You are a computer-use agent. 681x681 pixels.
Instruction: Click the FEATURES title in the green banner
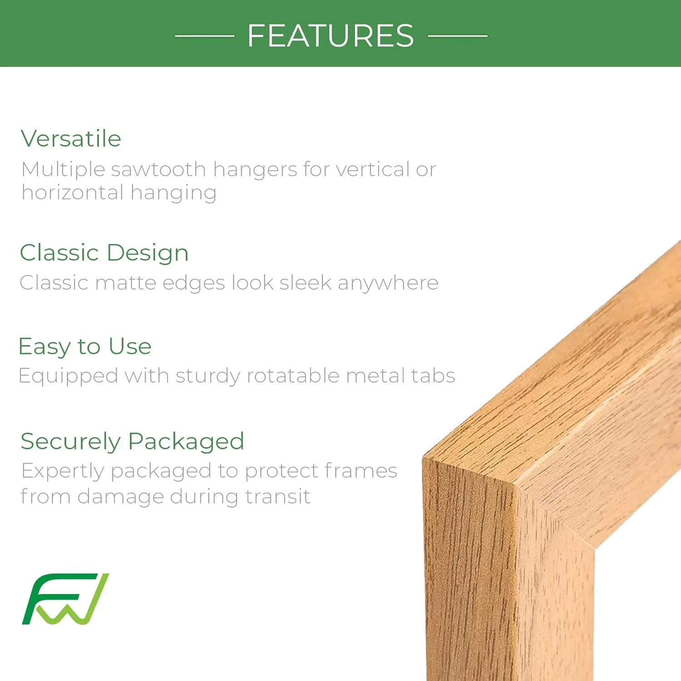tap(331, 36)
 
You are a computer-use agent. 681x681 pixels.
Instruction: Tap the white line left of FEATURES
tap(205, 36)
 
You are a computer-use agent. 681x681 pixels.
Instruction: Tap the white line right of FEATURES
tap(458, 36)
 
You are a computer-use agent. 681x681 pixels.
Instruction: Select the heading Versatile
tap(71, 138)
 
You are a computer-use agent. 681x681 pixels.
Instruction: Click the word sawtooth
tap(158, 169)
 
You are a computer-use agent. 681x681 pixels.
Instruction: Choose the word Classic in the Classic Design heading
tap(59, 252)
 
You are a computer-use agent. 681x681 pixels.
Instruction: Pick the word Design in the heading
tap(148, 253)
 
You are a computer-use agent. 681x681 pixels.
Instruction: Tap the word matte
tap(126, 283)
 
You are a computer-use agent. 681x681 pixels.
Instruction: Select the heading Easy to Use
tap(85, 347)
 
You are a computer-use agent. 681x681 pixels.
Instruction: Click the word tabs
tap(433, 376)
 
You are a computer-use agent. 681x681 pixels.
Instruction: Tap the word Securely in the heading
tap(71, 442)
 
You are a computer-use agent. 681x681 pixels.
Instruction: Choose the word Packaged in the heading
tap(186, 442)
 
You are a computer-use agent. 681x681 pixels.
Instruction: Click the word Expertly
tap(63, 471)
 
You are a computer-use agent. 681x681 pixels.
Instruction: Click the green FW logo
tap(65, 599)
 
